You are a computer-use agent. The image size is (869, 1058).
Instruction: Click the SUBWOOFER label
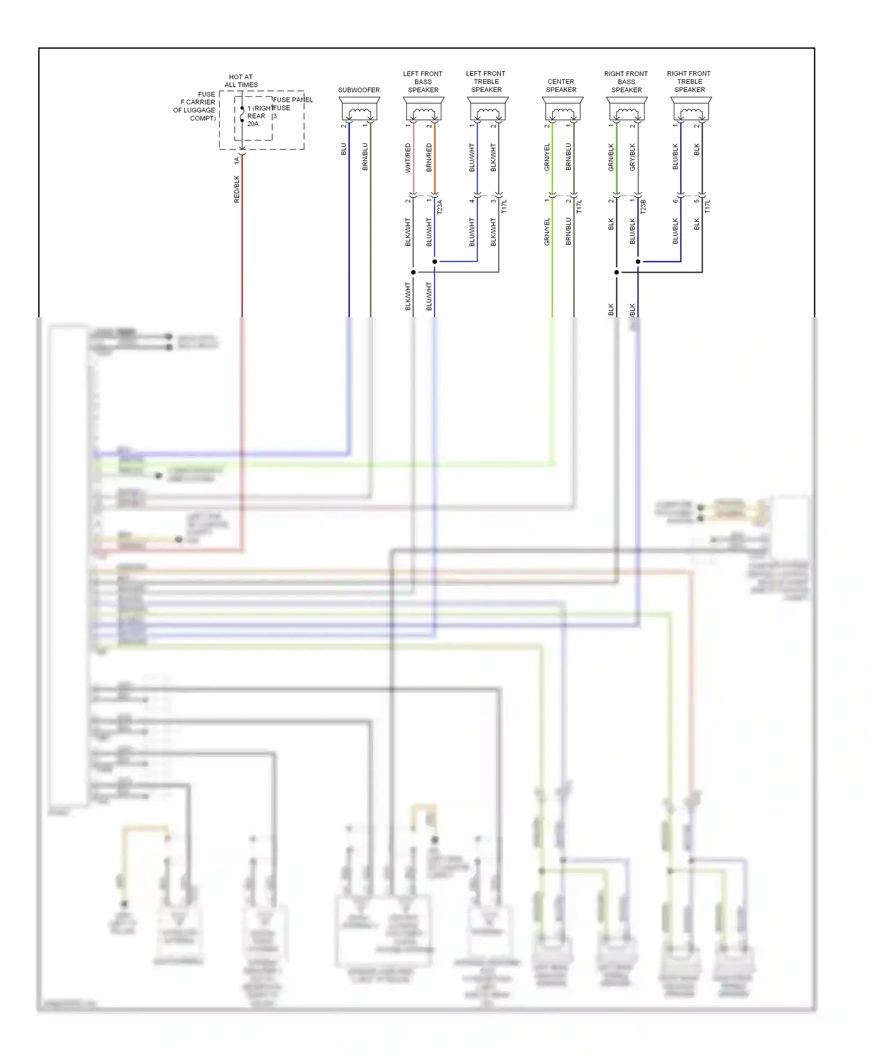[x=359, y=90]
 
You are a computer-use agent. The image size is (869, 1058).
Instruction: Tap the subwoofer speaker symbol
[x=359, y=109]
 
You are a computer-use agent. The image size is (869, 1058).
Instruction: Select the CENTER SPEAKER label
[x=561, y=86]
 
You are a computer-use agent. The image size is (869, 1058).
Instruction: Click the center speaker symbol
[x=563, y=109]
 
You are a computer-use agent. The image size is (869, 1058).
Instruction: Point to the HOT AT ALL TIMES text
[x=241, y=81]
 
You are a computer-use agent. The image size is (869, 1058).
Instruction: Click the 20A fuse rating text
[x=253, y=124]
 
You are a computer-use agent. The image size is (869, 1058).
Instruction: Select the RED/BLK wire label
[x=236, y=189]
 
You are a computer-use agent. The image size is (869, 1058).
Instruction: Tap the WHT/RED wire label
[x=408, y=158]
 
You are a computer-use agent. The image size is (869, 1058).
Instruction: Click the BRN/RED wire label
[x=429, y=157]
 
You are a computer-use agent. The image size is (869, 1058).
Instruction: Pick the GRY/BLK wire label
[x=633, y=157]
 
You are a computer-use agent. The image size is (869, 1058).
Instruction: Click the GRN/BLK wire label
[x=611, y=157]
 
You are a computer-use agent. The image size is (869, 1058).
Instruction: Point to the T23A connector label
[x=440, y=207]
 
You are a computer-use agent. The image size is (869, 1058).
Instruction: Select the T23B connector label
[x=643, y=207]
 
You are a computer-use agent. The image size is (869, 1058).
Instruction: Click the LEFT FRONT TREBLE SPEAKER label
[x=485, y=82]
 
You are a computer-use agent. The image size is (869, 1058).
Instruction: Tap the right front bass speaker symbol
[x=627, y=109]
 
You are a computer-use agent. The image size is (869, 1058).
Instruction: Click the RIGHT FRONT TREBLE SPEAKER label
[x=689, y=82]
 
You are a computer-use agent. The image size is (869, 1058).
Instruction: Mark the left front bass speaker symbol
[x=423, y=109]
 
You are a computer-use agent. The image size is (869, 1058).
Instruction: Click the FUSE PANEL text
[x=293, y=100]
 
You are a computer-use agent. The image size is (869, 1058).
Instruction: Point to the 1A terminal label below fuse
[x=236, y=160]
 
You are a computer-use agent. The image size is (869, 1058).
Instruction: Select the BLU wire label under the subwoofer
[x=344, y=149]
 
